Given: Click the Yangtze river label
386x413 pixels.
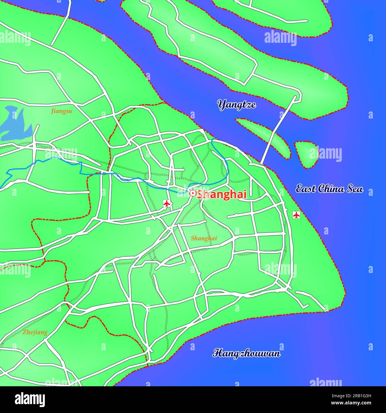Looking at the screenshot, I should point(237,105).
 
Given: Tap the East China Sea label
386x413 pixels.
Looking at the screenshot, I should point(329,189).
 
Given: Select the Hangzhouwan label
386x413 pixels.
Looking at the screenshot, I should point(246,353).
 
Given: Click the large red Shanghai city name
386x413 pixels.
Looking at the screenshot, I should point(222,194).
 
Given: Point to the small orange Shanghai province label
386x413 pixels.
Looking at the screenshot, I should point(204,238).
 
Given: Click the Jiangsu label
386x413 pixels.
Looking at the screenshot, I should point(61,111).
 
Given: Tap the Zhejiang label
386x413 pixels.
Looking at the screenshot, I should point(35,332).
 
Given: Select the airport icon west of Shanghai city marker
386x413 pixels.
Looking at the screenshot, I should point(167,204).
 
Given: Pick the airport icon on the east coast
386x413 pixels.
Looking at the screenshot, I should point(296,215).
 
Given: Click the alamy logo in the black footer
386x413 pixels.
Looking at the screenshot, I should point(30,400).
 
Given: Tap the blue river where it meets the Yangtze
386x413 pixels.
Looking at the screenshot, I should point(213,139).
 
